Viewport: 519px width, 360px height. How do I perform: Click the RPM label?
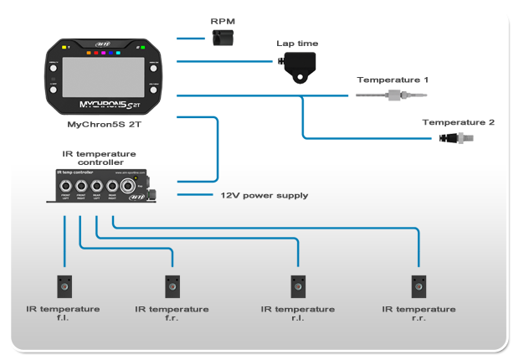223,22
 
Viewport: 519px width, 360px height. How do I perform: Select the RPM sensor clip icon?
222,38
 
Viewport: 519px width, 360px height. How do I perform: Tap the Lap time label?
297,44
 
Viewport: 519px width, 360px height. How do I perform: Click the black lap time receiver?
299,64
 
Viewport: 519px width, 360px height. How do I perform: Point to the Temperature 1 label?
393,80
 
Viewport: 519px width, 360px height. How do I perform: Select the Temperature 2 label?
458,122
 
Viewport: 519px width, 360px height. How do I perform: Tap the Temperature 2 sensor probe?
455,136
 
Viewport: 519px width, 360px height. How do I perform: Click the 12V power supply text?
264,195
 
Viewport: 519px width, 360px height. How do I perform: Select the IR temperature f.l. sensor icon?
64,286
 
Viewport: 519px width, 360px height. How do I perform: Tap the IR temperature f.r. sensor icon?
172,286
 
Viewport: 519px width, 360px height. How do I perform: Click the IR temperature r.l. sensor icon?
296,286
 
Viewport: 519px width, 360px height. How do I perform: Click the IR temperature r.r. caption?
419,314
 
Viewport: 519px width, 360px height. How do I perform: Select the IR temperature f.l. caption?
64,314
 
